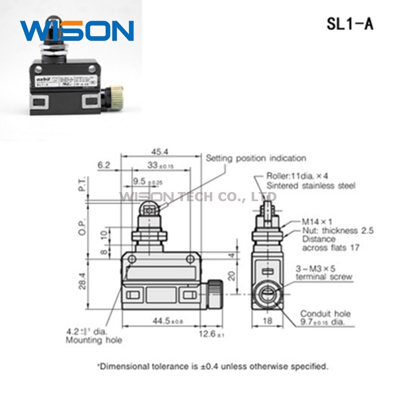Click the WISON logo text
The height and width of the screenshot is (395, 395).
click(77, 31)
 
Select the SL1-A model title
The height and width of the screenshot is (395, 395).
click(350, 24)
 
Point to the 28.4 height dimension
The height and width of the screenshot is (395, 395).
click(83, 281)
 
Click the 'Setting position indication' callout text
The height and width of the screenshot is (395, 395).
click(256, 158)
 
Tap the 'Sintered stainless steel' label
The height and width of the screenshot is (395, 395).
click(311, 186)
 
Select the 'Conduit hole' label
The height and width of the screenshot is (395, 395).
click(325, 314)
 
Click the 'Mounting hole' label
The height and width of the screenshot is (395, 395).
click(93, 340)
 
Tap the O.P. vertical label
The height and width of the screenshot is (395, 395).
click(83, 227)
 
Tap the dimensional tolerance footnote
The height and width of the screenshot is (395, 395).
click(213, 366)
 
